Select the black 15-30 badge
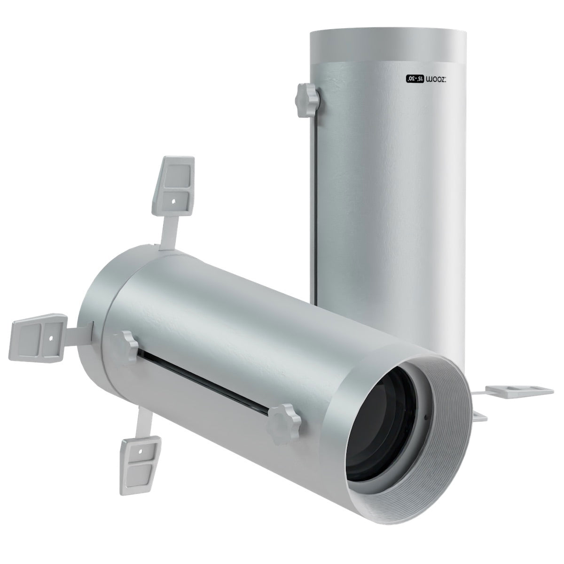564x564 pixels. click(x=416, y=78)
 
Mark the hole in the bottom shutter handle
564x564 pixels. click(x=141, y=449)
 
